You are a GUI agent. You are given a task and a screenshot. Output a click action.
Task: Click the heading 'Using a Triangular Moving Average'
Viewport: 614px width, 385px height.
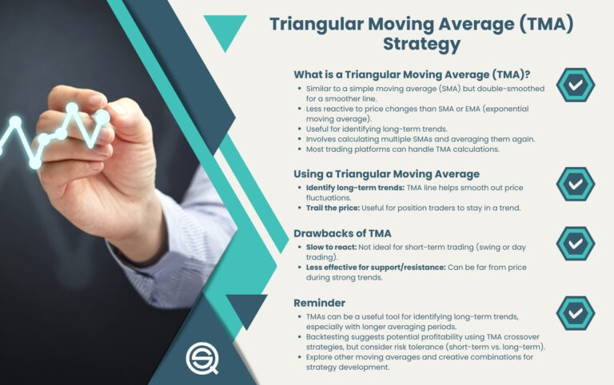click(x=386, y=174)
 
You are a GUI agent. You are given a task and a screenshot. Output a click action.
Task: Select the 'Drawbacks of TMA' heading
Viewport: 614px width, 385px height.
click(x=343, y=233)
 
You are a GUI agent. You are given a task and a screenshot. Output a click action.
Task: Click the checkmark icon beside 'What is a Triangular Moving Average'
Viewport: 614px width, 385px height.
click(x=575, y=85)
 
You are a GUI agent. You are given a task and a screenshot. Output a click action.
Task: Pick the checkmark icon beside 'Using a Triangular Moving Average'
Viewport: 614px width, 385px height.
click(x=575, y=184)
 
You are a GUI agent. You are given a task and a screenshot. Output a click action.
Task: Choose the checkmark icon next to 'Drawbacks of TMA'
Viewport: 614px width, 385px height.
click(x=575, y=244)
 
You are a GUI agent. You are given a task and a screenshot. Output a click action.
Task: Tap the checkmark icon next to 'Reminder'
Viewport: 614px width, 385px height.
click(x=575, y=313)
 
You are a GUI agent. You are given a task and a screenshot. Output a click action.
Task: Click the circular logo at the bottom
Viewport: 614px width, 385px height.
click(x=203, y=358)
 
